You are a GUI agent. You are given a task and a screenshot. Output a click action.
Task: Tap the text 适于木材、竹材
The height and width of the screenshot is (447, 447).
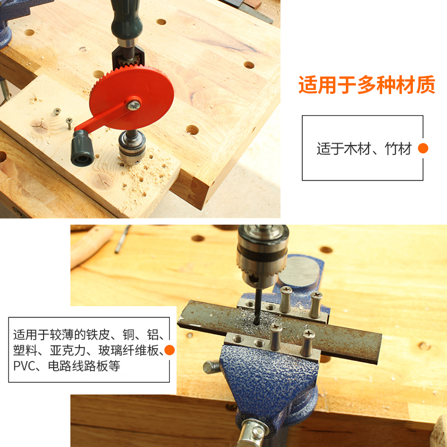[x=364, y=149]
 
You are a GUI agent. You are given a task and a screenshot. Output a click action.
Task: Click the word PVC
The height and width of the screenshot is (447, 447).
[x=24, y=367]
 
